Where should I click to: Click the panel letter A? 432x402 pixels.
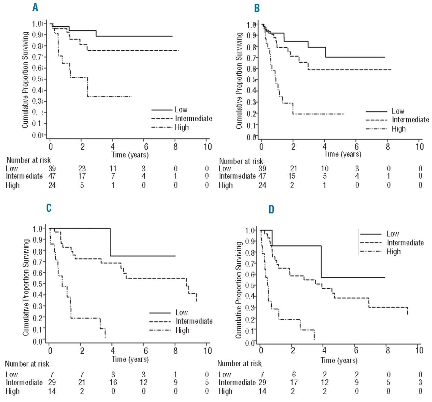tap(35, 7)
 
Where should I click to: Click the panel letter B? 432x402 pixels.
tap(257, 8)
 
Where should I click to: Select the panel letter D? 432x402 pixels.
tap(271, 210)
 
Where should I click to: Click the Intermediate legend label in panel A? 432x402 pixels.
tap(193, 119)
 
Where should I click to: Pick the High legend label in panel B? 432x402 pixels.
tap(399, 129)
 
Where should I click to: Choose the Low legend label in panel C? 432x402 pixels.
tap(182, 312)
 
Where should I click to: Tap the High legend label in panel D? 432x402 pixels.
tap(394, 251)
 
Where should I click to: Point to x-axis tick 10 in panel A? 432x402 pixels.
tap(208, 147)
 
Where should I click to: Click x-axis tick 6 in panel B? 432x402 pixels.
tap(356, 147)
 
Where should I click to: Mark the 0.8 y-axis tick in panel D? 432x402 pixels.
tap(250, 252)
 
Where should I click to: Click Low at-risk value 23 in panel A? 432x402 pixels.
tap(82, 168)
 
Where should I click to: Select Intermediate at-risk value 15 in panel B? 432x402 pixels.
tap(292, 176)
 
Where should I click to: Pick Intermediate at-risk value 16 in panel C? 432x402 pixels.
tap(113, 382)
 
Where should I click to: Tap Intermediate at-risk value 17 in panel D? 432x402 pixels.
tap(294, 382)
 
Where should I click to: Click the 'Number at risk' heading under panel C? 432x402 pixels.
tap(27, 364)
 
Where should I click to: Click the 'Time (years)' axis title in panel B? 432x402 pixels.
tap(343, 154)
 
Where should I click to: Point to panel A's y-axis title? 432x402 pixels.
tap(25, 80)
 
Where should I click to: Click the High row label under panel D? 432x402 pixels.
tap(225, 391)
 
